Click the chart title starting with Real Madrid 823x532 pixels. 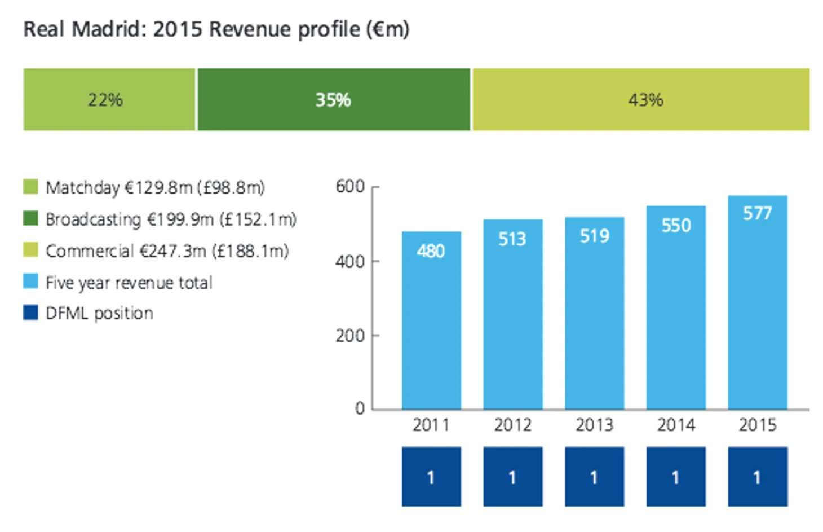pos(216,29)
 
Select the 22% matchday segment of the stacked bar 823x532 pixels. pos(109,100)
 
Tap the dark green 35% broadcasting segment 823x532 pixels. pos(333,100)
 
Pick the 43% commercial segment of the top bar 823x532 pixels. pos(640,100)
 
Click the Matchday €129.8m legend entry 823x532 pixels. pos(155,187)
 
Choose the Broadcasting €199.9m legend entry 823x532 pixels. pos(171,219)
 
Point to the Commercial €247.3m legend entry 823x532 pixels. pos(167,250)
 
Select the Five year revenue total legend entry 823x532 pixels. pos(129,282)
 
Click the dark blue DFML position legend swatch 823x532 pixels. pos(30,313)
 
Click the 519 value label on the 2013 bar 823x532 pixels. pos(594,236)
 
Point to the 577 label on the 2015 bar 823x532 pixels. pos(757,213)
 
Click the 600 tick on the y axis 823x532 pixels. pos(350,186)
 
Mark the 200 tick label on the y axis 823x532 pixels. pos(350,336)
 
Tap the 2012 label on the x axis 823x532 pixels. pos(512,425)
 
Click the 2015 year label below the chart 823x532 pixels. pos(757,425)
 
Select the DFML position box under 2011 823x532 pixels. pos(431,477)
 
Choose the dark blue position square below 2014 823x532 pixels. pos(675,477)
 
